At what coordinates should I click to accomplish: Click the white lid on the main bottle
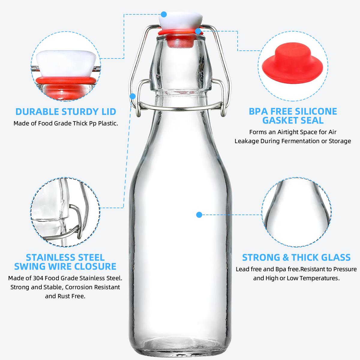[181, 21]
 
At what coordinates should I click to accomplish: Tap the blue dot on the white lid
[164, 14]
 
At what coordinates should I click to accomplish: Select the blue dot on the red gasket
[198, 31]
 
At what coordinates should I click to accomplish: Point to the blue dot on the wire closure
[133, 96]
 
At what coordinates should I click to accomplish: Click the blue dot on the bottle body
[199, 215]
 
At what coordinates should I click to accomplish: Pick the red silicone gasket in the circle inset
[292, 64]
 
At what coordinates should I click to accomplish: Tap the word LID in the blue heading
[109, 112]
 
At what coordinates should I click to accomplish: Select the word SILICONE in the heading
[316, 112]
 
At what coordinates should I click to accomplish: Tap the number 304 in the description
[38, 278]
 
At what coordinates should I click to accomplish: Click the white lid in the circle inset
[66, 64]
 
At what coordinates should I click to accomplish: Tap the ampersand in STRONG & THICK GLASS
[286, 257]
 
